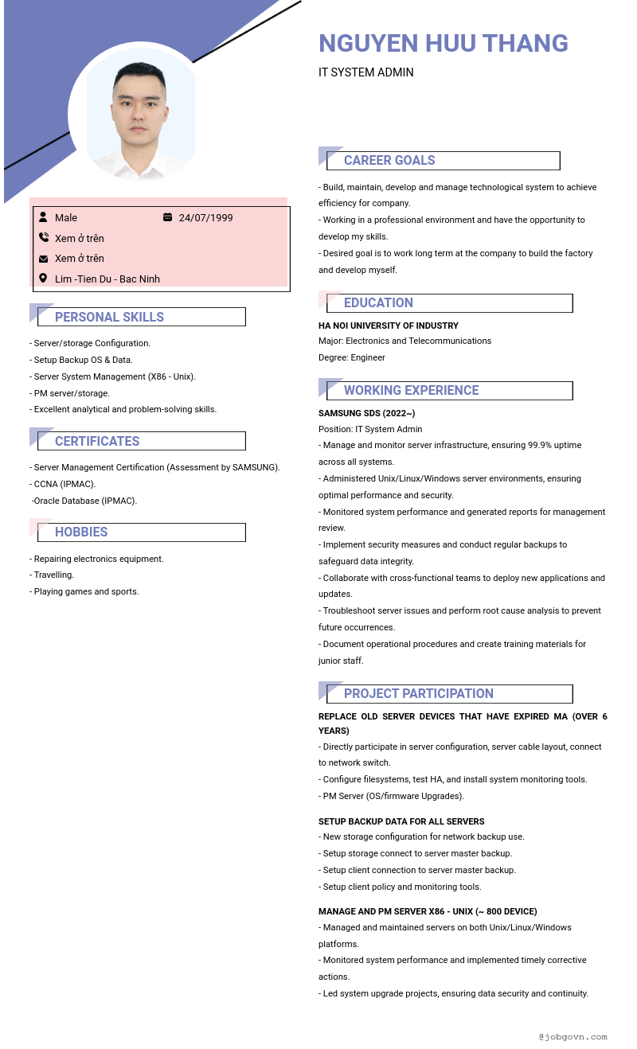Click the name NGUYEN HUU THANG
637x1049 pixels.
pos(443,43)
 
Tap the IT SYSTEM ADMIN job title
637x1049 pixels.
pos(365,72)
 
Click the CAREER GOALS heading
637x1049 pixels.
pos(389,161)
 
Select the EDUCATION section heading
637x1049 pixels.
pos(378,303)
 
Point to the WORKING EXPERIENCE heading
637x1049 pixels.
pos(411,391)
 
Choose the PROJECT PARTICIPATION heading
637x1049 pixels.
pos(418,694)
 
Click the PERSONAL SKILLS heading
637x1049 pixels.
pos(109,317)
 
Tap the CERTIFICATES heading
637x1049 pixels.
pos(97,441)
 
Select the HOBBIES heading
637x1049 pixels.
pos(81,532)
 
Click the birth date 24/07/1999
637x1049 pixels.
pos(205,218)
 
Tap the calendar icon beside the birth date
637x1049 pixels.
pos(167,217)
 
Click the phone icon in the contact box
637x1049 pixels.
pos(43,238)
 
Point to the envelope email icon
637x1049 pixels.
pos(43,259)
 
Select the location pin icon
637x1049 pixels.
pos(43,279)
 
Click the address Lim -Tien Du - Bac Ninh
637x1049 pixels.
pos(107,279)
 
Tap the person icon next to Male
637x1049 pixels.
pos(43,217)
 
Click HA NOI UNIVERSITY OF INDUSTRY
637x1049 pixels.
pos(388,326)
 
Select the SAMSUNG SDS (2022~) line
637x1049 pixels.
pos(366,413)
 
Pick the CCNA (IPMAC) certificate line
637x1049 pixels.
pos(64,484)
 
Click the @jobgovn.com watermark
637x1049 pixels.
pos(573,1037)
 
